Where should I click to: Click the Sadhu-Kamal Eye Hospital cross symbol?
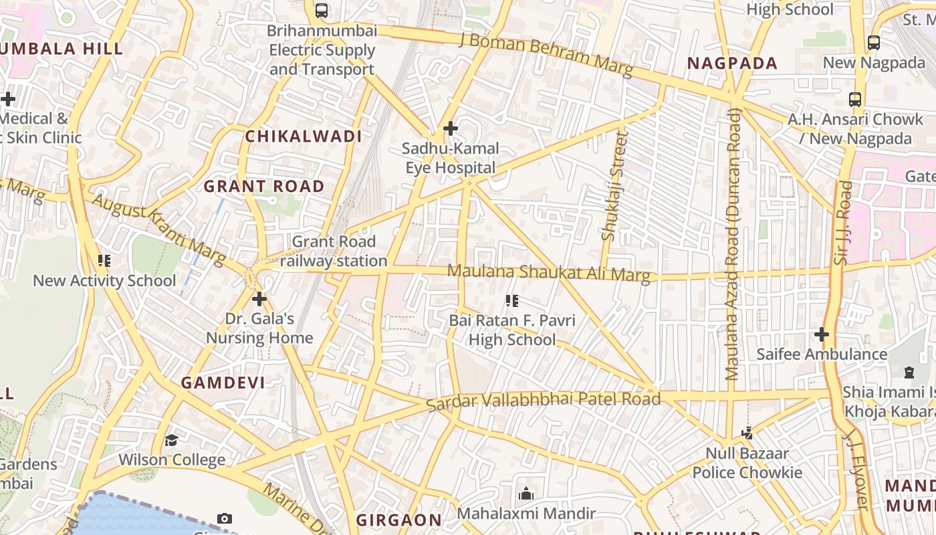(x=451, y=128)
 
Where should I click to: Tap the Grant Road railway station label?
(x=333, y=251)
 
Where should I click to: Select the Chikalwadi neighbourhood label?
(x=303, y=136)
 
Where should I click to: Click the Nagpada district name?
(x=733, y=64)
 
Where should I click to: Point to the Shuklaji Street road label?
(x=614, y=185)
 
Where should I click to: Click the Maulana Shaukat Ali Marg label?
(x=548, y=273)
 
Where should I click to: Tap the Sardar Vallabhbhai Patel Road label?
(x=543, y=401)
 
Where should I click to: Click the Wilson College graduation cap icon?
(x=172, y=440)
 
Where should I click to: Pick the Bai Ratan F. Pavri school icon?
(x=512, y=301)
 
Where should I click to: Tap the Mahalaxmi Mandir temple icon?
(x=526, y=494)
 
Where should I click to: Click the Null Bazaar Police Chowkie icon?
(x=747, y=433)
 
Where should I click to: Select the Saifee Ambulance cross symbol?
(x=822, y=334)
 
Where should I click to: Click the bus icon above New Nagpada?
(x=873, y=42)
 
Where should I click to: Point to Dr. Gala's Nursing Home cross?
(x=259, y=299)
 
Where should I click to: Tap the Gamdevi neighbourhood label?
(x=223, y=383)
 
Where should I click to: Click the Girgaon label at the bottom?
(x=398, y=520)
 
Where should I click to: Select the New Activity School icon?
(x=104, y=260)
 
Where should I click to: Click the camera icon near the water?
(x=225, y=518)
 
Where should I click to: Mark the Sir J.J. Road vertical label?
(x=844, y=222)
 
